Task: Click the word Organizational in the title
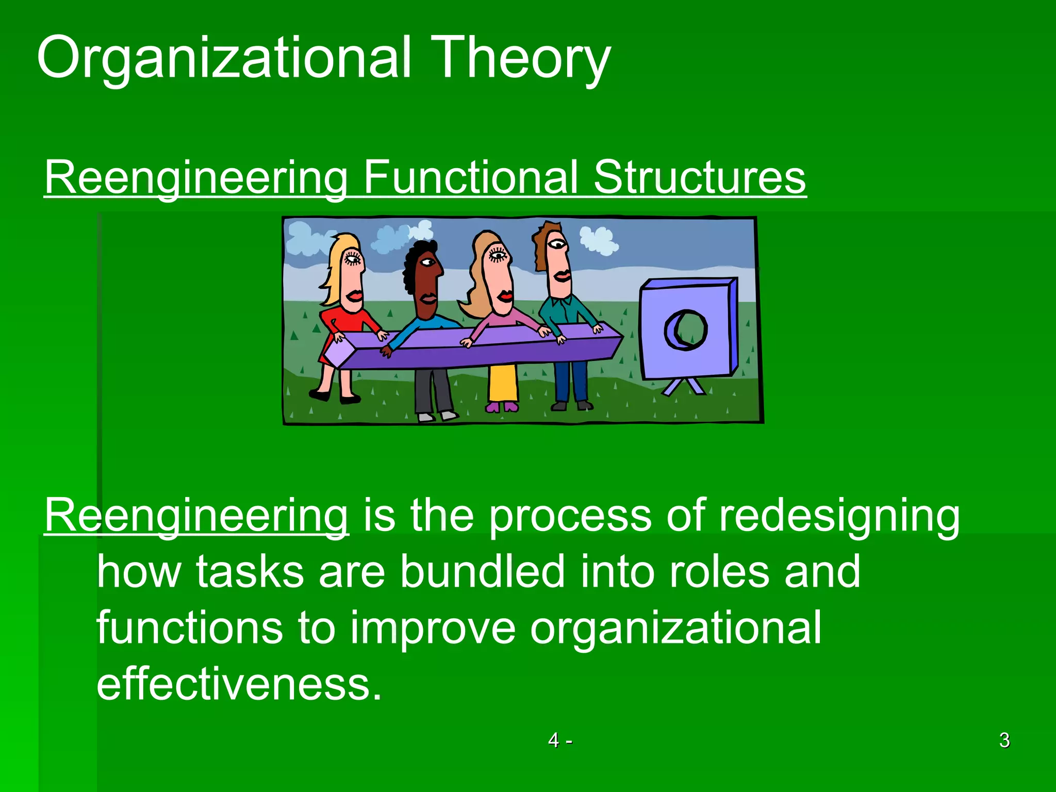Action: click(x=224, y=58)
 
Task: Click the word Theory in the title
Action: click(x=521, y=58)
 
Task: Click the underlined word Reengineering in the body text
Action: click(x=196, y=516)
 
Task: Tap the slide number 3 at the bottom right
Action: click(x=1004, y=740)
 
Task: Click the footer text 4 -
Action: click(x=559, y=740)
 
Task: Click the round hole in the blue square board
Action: click(x=686, y=329)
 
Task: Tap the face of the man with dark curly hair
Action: click(x=427, y=278)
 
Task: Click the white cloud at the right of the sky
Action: click(x=598, y=240)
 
